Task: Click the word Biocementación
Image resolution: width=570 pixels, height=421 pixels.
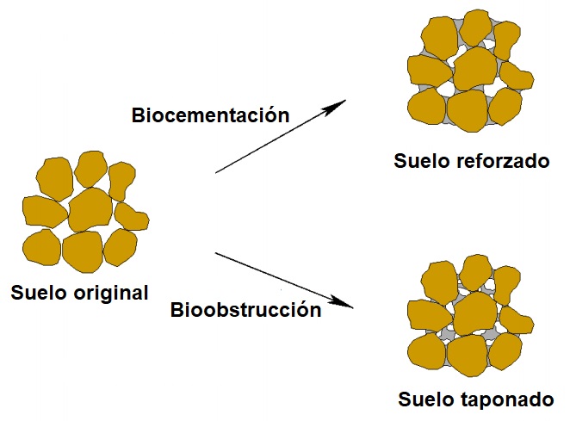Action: pos(209,115)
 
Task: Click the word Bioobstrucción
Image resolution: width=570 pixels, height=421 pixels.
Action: pos(245,310)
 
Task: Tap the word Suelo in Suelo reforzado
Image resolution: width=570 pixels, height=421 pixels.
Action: pos(423,161)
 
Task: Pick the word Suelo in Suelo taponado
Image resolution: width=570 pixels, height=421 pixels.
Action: pos(427,399)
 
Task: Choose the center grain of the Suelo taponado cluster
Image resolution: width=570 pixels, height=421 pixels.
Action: pos(474,312)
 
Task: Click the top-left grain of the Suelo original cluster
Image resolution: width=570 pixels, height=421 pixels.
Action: pos(53,177)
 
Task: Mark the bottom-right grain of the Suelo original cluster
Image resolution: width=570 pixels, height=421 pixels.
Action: pos(121,247)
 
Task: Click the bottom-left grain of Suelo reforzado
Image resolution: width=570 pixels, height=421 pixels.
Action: pos(426,107)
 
